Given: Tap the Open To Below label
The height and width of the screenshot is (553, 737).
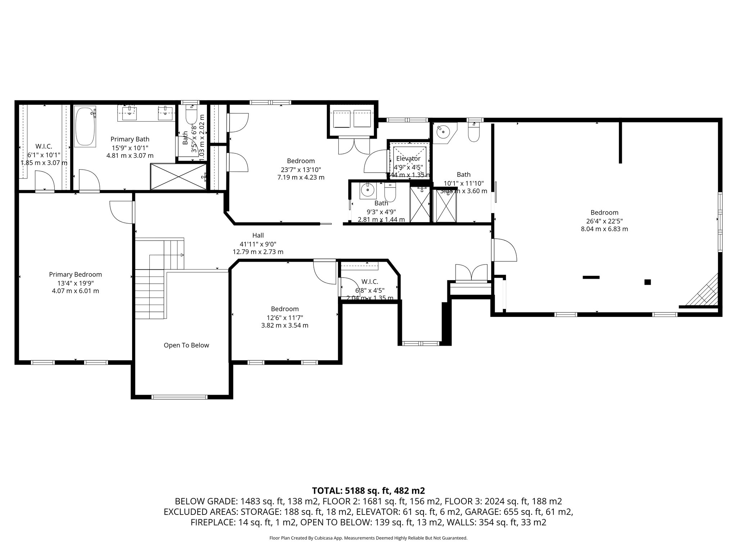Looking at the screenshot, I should (186, 345).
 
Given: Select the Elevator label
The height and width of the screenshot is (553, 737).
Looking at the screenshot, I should (408, 159).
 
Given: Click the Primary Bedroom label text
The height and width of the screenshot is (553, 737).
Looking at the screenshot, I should (76, 274).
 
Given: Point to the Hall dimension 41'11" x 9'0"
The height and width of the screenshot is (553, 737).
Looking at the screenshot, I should (258, 244).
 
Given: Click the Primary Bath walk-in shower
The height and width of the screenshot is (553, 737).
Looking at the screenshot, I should (178, 176).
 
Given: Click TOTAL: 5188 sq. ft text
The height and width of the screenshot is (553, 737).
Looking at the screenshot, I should (368, 490).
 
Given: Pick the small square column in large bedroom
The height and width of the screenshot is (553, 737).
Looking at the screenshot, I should (647, 282).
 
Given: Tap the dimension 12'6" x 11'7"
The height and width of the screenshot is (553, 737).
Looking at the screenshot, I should (285, 318).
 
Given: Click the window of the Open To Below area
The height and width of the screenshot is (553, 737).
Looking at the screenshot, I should (179, 397).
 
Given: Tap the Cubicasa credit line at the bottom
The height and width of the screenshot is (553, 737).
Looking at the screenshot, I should (368, 538).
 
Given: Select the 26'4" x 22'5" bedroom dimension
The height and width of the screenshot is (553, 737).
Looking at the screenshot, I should (604, 221).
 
